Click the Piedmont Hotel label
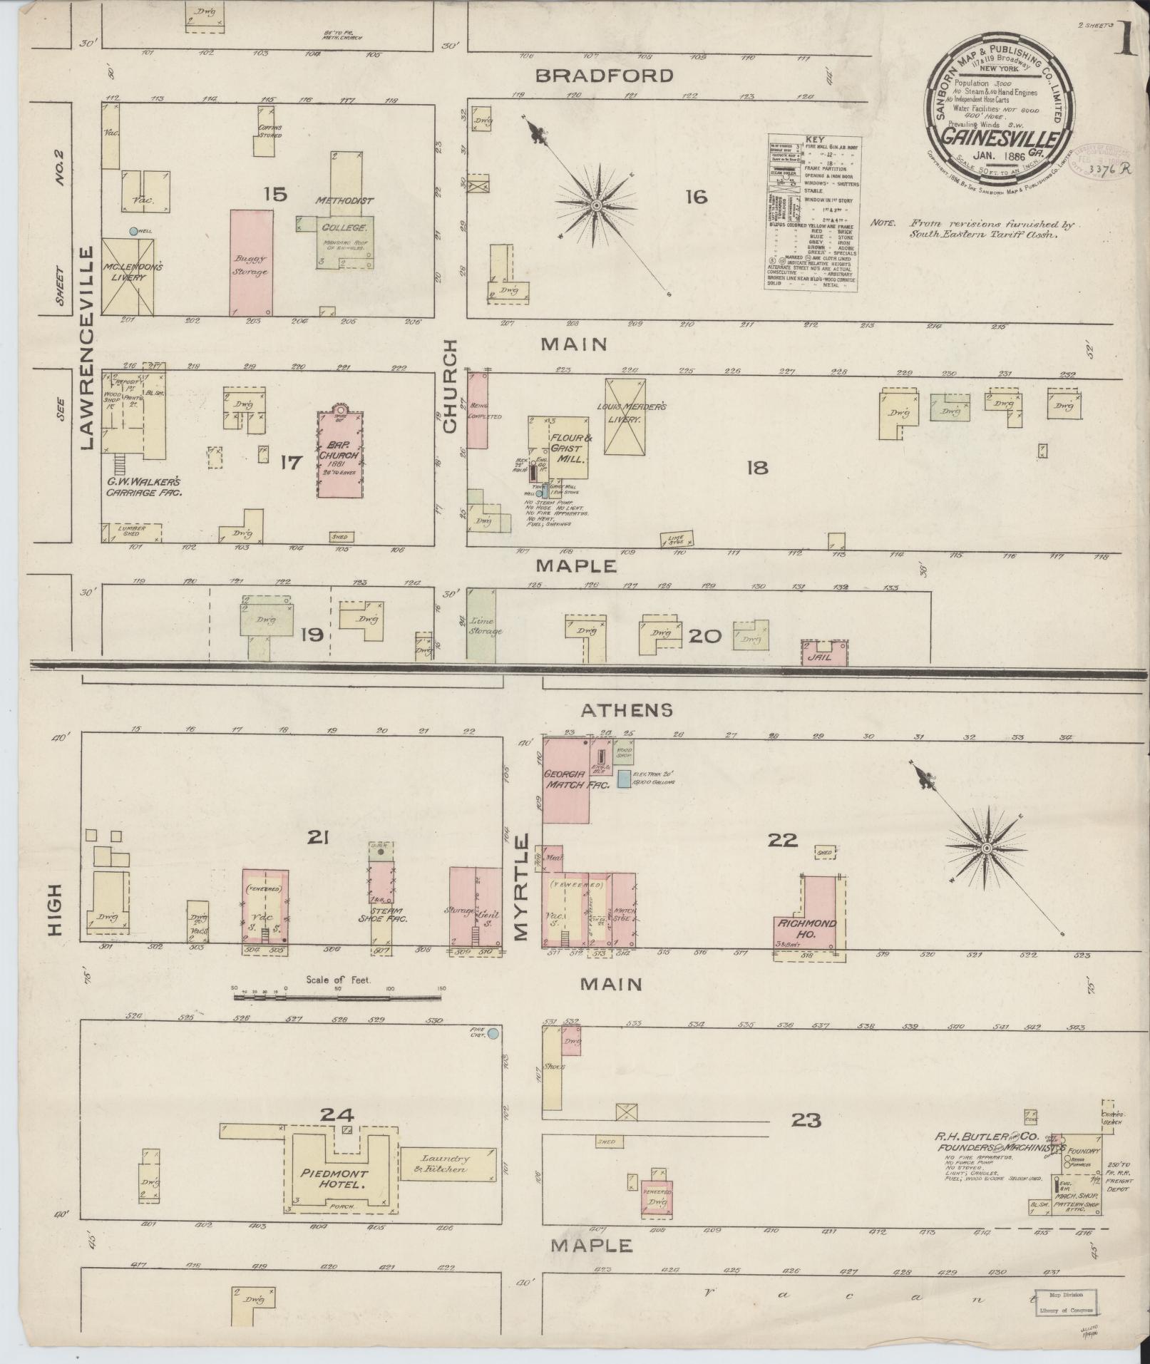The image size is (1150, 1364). pyautogui.click(x=334, y=1179)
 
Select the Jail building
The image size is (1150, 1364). pyautogui.click(x=825, y=652)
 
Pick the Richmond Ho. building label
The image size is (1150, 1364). pyautogui.click(x=805, y=928)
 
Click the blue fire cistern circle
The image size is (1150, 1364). pyautogui.click(x=493, y=1032)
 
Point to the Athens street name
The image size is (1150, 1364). pyautogui.click(x=626, y=710)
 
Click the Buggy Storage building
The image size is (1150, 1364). pyautogui.click(x=249, y=262)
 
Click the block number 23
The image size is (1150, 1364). pyautogui.click(x=806, y=1120)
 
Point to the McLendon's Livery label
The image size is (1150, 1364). pyautogui.click(x=128, y=272)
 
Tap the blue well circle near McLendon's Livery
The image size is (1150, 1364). pyautogui.click(x=133, y=231)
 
